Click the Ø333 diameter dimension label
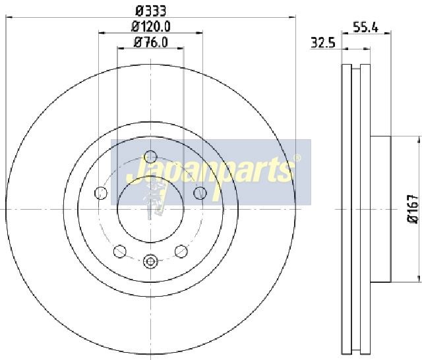coord(151,11)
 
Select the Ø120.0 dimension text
coord(151,26)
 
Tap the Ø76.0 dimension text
coord(151,42)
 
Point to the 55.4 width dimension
coord(366,28)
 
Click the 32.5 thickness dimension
coord(323,43)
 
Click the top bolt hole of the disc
coord(150,156)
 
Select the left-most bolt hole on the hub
coord(101,193)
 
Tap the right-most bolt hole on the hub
coord(200,193)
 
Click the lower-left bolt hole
coord(120,251)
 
